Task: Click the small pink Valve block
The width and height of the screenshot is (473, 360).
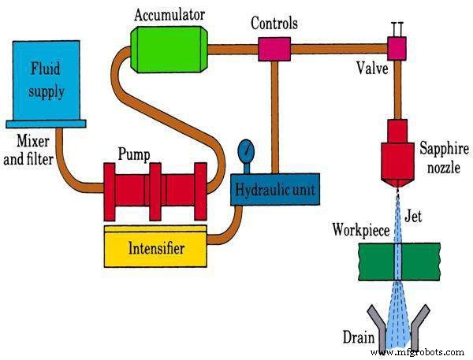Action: [x=395, y=49]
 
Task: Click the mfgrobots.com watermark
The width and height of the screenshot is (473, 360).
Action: [x=426, y=351]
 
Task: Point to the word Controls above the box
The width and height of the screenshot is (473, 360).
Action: [x=274, y=24]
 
